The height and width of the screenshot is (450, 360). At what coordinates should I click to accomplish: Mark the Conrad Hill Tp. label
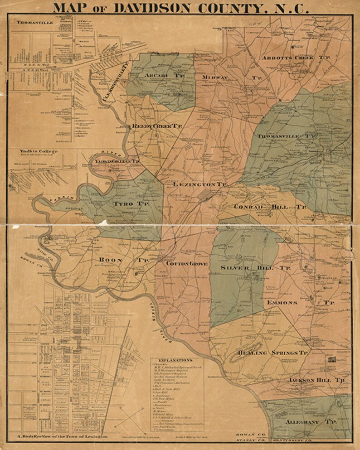[x=270, y=207]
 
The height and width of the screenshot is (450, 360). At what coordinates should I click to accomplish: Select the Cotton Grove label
[x=187, y=263]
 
